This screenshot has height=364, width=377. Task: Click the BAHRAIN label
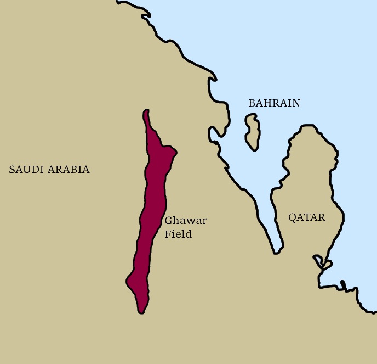274,103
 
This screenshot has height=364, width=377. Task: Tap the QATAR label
307,217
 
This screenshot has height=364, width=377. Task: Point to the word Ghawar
186,221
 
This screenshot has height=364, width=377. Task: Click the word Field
178,234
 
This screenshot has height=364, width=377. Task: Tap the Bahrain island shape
253,132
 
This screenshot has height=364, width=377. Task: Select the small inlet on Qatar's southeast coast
322,262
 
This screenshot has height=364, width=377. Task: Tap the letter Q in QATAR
293,218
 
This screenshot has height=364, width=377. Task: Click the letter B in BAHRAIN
252,103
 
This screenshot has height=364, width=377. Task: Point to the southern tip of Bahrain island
253,149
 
